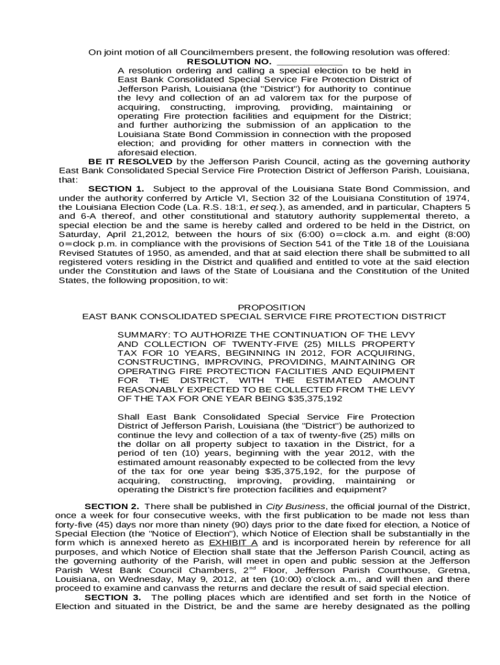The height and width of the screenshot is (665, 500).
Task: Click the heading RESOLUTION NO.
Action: click(238, 62)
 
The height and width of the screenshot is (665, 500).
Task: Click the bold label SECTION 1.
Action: click(116, 189)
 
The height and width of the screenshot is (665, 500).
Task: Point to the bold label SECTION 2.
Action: click(112, 506)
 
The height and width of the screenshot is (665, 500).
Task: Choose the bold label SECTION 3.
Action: click(114, 597)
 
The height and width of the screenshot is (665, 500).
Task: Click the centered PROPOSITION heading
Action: click(271, 307)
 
